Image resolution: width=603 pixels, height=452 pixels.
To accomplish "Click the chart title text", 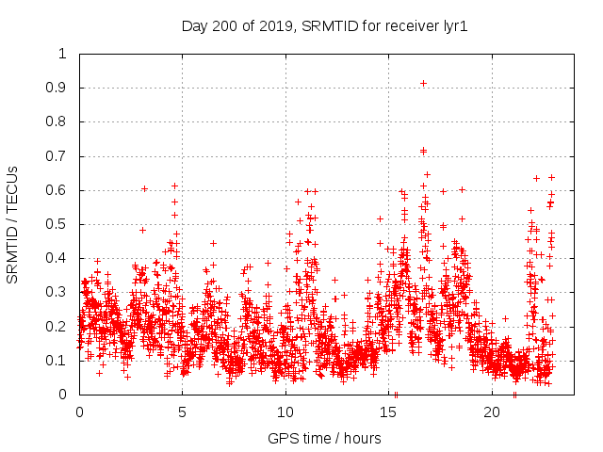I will [x=324, y=27].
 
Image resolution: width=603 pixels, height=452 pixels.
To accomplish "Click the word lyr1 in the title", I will [x=454, y=27].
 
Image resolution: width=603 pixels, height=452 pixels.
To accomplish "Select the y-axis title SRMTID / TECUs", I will [x=13, y=224].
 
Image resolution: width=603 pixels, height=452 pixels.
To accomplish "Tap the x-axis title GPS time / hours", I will [x=324, y=438].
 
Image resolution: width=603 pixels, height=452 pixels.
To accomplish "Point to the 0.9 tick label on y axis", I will [x=57, y=88].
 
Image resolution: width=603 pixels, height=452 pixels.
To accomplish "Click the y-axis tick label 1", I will [x=62, y=54].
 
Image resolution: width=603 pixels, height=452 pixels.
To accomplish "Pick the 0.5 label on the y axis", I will [x=57, y=224].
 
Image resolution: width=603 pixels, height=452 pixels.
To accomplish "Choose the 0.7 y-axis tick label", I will [x=57, y=156].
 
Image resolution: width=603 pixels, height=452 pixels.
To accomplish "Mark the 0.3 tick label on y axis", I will [x=57, y=292].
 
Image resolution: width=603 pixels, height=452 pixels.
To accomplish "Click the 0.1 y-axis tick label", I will [x=57, y=361].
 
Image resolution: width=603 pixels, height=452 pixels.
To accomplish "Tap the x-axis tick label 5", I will [x=183, y=412].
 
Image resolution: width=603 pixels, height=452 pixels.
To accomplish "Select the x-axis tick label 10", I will [x=285, y=412].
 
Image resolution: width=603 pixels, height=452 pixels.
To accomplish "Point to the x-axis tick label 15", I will [x=389, y=412].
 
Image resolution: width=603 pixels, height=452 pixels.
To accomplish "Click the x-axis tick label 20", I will [x=492, y=412].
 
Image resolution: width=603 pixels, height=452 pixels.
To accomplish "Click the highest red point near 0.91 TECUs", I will [x=423, y=83].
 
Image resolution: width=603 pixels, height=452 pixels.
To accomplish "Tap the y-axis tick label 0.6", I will [x=57, y=190].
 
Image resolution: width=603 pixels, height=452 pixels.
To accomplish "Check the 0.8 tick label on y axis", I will [x=57, y=121].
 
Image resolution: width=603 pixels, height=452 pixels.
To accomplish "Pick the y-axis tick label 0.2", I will [x=57, y=327].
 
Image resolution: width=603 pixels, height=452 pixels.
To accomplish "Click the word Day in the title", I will [x=194, y=27].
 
